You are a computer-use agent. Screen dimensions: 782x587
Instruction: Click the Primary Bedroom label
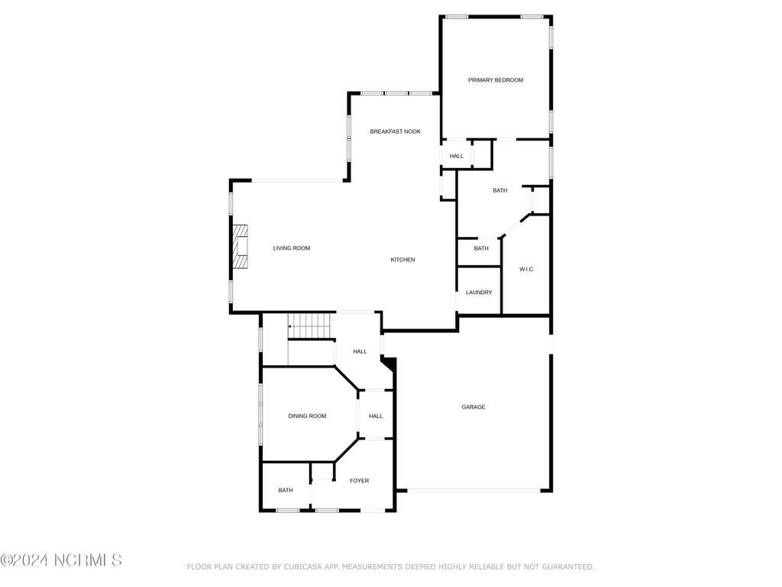coord(495,79)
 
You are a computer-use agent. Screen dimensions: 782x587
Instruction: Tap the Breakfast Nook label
coord(395,131)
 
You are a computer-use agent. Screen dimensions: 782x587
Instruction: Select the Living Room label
coord(291,248)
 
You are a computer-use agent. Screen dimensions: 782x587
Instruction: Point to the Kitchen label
coord(402,260)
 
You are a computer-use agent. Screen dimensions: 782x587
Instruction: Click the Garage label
coord(473,407)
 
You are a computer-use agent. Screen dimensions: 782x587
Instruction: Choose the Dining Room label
coord(307,416)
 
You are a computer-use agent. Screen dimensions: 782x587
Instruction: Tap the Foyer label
coord(359,481)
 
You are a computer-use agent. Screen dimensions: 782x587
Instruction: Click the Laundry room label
coord(479,293)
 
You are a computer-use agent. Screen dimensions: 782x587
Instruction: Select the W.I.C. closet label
coord(527,270)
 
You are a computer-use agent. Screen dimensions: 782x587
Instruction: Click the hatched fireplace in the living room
coord(241,247)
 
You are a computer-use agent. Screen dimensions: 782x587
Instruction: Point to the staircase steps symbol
coord(309,326)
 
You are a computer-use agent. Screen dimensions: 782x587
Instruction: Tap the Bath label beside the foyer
coord(286,490)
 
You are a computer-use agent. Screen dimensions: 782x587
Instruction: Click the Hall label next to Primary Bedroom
coord(457,156)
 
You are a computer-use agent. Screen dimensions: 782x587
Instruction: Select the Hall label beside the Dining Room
coord(376,416)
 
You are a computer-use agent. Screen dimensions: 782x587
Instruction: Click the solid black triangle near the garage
coord(389,362)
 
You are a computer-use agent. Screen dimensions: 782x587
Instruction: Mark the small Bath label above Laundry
coord(481,248)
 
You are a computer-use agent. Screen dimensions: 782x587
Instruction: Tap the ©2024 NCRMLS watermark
coord(61,560)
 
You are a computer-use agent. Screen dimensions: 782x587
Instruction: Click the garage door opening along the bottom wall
coord(473,491)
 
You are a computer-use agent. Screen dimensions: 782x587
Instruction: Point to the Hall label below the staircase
coord(360,352)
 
